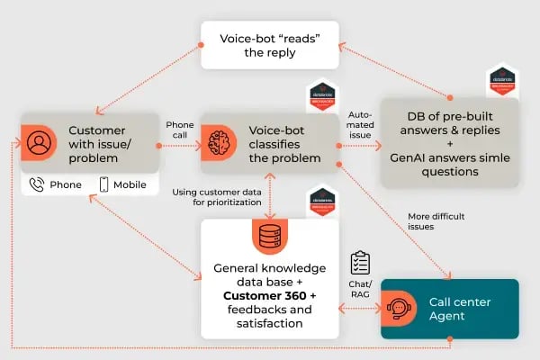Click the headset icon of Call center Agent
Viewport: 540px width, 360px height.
400,309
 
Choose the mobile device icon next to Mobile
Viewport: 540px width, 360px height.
103,184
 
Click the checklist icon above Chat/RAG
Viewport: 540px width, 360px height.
361,263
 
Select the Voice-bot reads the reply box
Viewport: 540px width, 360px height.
270,46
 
